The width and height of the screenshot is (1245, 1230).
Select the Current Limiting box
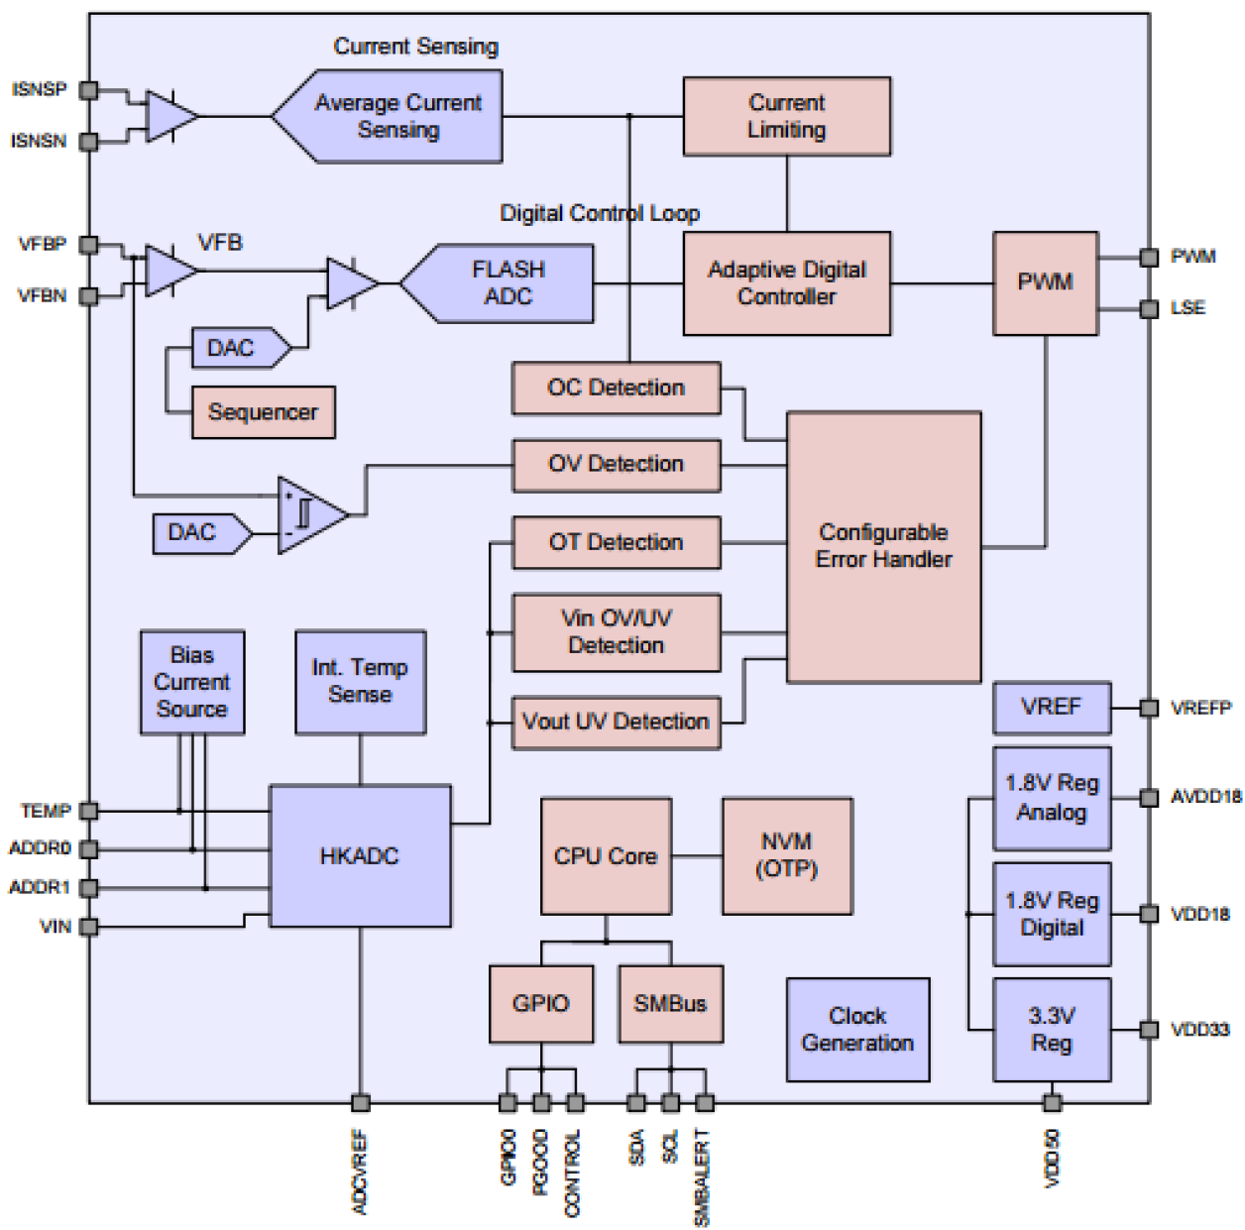pyautogui.click(x=786, y=116)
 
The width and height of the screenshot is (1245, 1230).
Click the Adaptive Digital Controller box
pyautogui.click(x=786, y=282)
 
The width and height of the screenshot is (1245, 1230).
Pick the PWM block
pyautogui.click(x=1045, y=282)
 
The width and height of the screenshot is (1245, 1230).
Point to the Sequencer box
pyautogui.click(x=263, y=412)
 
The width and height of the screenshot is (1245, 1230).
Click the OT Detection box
pyautogui.click(x=616, y=542)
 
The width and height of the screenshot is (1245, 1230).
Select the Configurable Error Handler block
pyautogui.click(x=883, y=546)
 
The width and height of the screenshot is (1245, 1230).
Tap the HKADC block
pyautogui.click(x=360, y=856)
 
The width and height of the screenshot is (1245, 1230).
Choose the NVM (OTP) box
pyautogui.click(x=786, y=855)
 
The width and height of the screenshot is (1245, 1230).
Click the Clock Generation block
pyautogui.click(x=857, y=1029)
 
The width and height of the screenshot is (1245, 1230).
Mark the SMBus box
pyautogui.click(x=670, y=1003)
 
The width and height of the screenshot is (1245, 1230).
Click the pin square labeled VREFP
pyautogui.click(x=1149, y=708)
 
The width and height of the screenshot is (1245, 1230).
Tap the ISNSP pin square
pyautogui.click(x=88, y=90)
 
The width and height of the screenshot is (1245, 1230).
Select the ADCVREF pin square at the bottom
pyautogui.click(x=361, y=1102)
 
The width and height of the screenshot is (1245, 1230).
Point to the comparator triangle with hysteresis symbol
pyautogui.click(x=309, y=514)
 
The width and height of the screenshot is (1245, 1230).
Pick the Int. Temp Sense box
pyautogui.click(x=360, y=682)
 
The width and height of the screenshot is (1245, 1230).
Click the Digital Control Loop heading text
pyautogui.click(x=599, y=213)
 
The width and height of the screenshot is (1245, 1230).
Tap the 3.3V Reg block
pyautogui.click(x=1051, y=1029)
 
